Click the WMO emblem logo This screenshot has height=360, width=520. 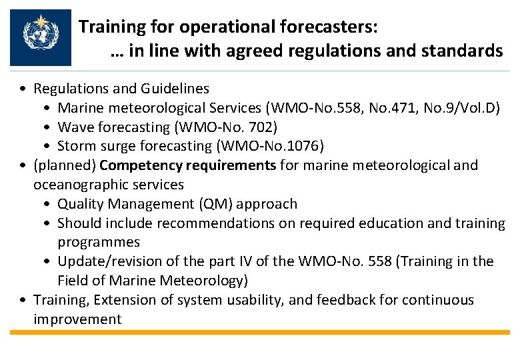coord(41,37)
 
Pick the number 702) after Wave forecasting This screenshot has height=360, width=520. coord(264,127)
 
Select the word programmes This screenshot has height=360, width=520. coord(99,242)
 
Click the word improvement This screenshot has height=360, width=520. coord(77,319)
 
